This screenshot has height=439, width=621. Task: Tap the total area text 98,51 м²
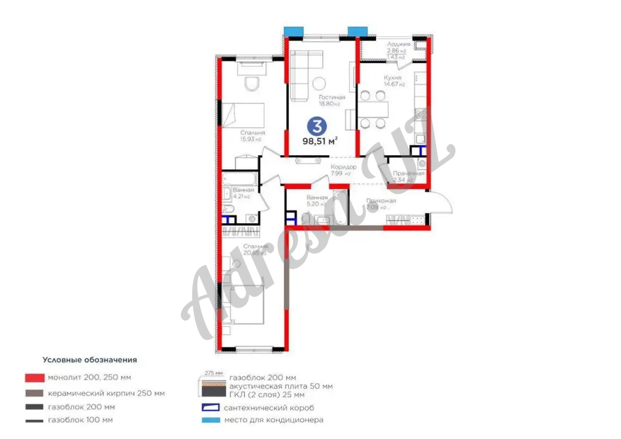(320, 141)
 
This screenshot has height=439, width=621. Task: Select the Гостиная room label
(331, 97)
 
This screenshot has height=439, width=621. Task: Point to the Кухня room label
(392, 78)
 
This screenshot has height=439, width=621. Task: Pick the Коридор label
(343, 167)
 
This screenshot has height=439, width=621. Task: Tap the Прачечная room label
(408, 173)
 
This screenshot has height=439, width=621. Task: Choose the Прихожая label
(381, 201)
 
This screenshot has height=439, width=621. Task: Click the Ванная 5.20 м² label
(317, 198)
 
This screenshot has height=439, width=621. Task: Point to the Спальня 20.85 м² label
(255, 247)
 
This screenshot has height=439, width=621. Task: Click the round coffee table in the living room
(319, 84)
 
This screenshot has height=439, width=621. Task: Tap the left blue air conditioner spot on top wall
(294, 30)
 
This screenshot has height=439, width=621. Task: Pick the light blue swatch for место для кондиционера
(209, 420)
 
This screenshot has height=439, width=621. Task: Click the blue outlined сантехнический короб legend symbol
(209, 407)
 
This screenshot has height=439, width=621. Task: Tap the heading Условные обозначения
(89, 360)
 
